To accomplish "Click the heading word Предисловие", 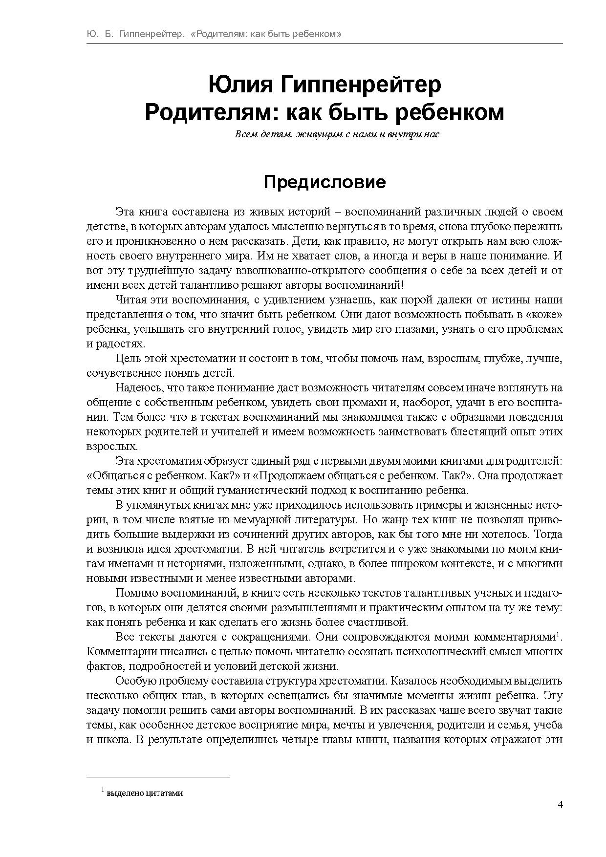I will coord(325,182).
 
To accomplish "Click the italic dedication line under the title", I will coord(337,134).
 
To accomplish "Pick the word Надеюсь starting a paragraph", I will coord(139,388).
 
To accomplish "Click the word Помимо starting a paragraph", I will coord(137,593).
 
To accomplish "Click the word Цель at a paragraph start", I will coord(128,359).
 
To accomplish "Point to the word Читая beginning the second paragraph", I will coord(131,300).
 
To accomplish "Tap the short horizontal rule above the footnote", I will coord(158,776).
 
